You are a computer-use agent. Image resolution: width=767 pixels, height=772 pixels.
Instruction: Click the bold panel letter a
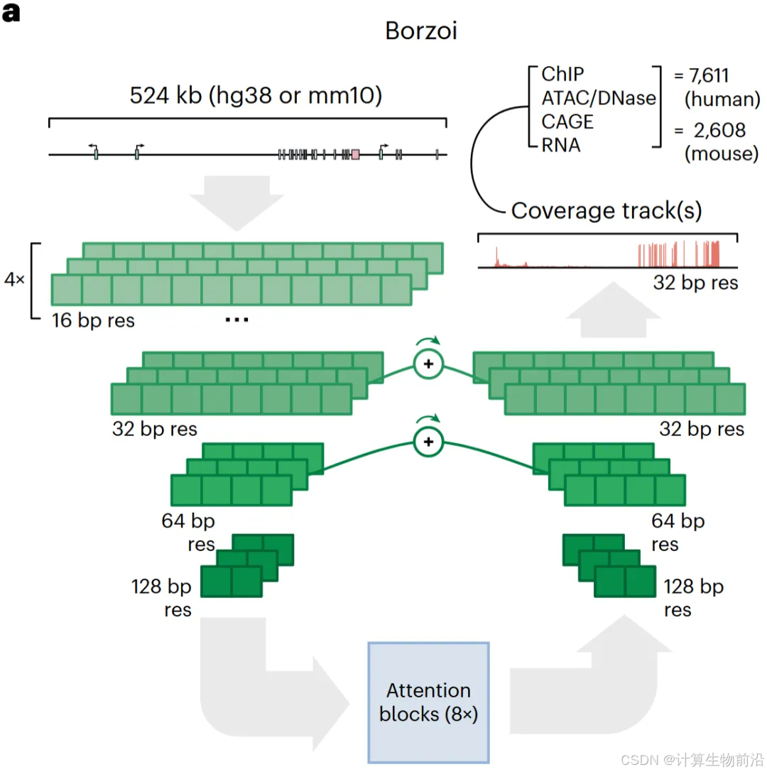(11, 13)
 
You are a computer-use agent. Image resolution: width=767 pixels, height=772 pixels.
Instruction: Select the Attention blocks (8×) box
(428, 702)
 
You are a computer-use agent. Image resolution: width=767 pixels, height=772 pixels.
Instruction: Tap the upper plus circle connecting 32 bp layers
(428, 364)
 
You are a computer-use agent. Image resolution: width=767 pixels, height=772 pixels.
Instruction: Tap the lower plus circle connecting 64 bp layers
(428, 442)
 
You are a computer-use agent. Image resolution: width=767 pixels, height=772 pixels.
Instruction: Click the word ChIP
(563, 74)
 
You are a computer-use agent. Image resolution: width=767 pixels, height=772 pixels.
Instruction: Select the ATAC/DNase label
(598, 97)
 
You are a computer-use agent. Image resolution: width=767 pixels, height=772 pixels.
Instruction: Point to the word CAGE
(567, 121)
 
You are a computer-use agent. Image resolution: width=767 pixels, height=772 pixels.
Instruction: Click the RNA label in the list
(560, 145)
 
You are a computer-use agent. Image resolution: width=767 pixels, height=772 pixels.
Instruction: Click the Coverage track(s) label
(606, 210)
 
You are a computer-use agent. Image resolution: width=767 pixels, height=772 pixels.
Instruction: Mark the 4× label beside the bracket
(14, 280)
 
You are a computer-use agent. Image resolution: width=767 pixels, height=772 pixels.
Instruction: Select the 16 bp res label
(93, 320)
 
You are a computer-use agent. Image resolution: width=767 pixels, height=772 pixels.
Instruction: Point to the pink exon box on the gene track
(355, 153)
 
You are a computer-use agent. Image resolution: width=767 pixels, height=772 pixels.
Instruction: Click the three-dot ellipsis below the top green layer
(236, 320)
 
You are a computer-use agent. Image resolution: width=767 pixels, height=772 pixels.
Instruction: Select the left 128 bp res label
(162, 598)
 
